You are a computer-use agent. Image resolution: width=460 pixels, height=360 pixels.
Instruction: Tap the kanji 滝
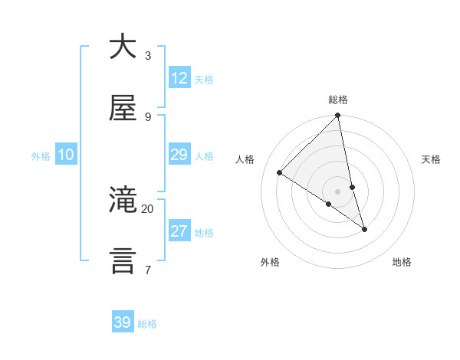(x=123, y=201)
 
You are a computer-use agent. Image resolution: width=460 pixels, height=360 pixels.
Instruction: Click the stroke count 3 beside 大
(x=147, y=55)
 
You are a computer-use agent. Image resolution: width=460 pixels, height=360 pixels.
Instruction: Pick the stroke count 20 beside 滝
(x=147, y=208)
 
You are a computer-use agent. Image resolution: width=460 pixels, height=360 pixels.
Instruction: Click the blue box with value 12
(x=179, y=78)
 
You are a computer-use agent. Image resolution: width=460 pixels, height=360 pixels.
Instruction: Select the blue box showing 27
(x=179, y=231)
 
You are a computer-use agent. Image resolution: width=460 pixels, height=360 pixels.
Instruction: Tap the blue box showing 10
(x=66, y=155)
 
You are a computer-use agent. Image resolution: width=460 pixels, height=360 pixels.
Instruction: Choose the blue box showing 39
(x=123, y=322)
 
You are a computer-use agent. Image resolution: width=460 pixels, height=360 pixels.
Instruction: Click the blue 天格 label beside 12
(x=204, y=80)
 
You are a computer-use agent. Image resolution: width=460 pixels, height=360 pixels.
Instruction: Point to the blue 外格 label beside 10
(x=41, y=156)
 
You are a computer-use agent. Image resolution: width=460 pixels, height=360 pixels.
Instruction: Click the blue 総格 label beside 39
(x=147, y=324)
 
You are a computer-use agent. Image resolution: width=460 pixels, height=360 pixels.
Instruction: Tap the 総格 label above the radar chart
(x=338, y=100)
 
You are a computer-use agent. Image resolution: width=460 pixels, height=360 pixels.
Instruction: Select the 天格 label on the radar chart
(x=432, y=159)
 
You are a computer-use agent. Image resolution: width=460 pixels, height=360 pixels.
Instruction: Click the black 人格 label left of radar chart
(x=245, y=159)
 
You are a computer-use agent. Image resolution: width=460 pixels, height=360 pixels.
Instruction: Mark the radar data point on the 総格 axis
(x=338, y=116)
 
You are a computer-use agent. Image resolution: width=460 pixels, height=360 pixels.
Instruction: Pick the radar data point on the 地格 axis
(x=364, y=229)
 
